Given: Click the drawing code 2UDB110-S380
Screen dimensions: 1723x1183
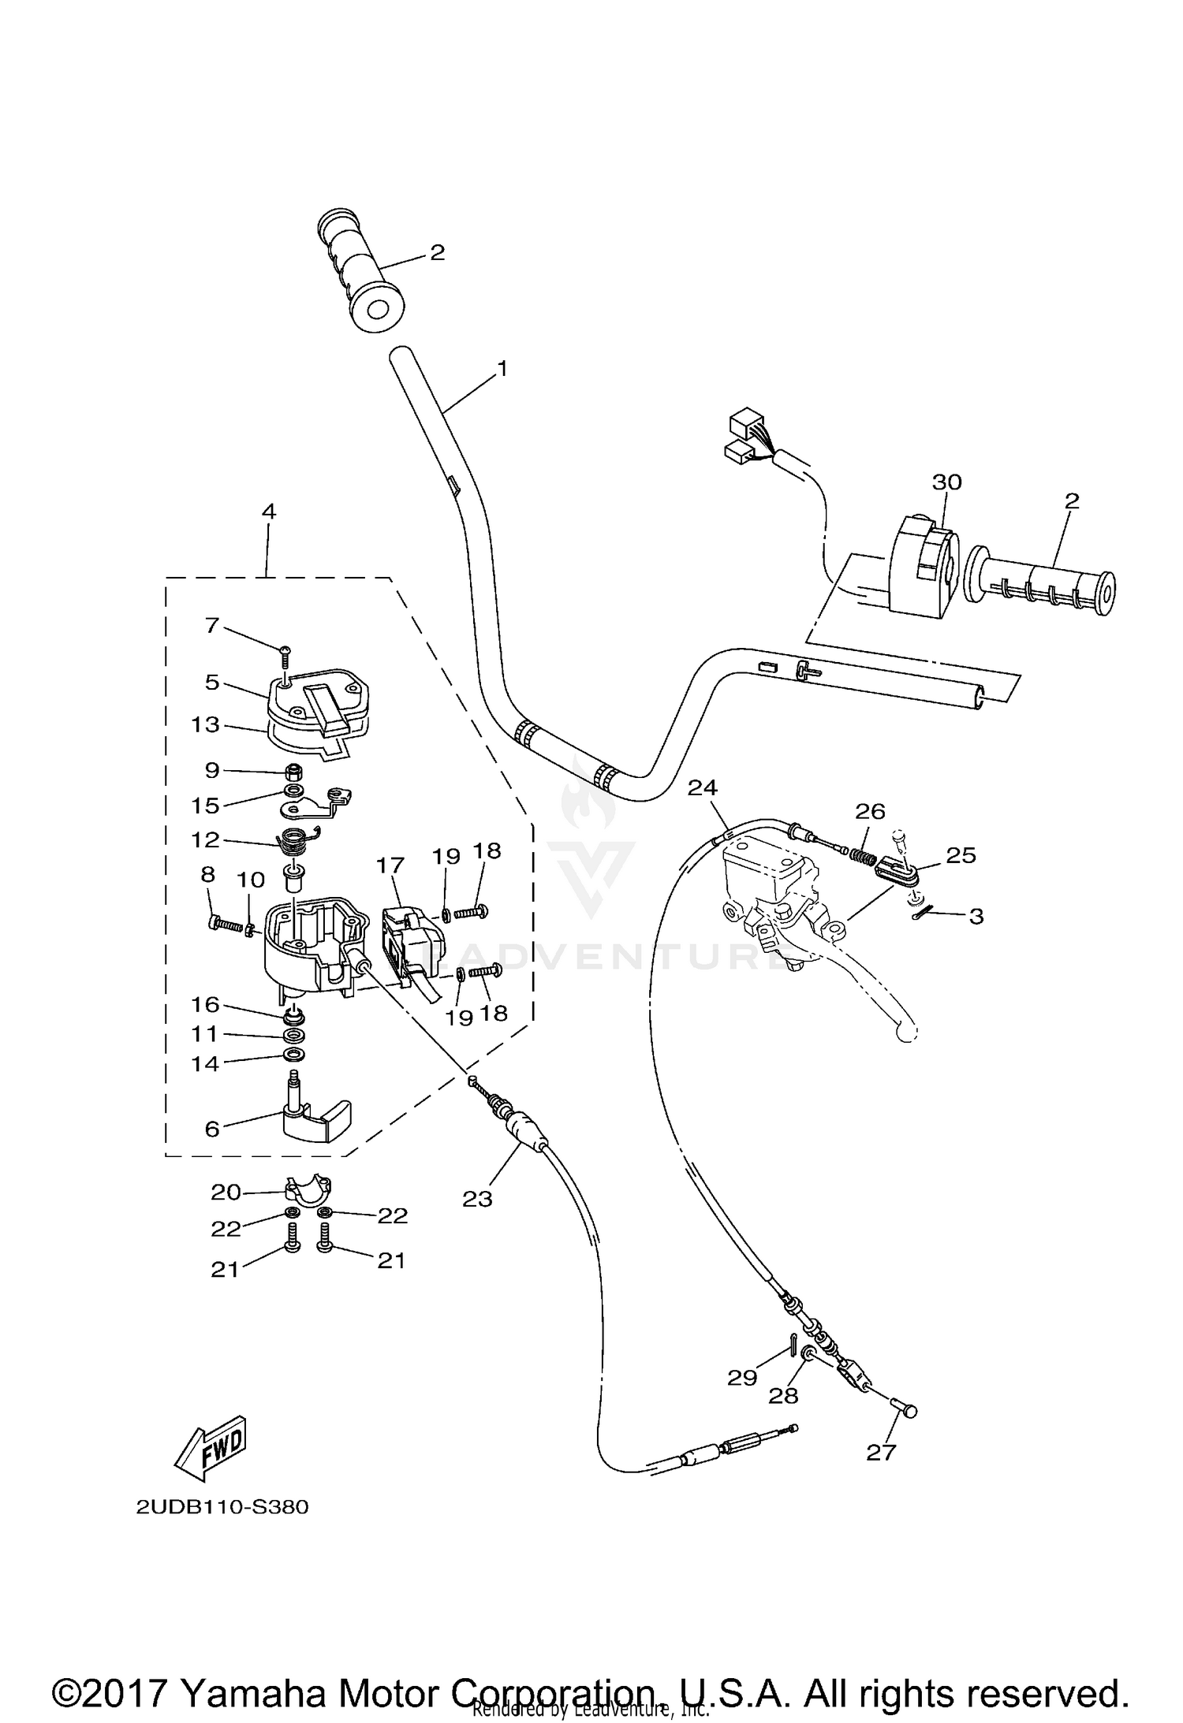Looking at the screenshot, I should click(x=222, y=1508).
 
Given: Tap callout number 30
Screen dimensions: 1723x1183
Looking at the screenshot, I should click(x=947, y=482).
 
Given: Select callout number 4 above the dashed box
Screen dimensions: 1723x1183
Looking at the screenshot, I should click(x=269, y=511).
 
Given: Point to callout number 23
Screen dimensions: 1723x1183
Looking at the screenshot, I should click(x=477, y=1200).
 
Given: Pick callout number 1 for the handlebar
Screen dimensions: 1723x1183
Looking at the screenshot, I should click(x=502, y=368).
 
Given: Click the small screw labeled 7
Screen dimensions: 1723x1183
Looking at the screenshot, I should click(x=284, y=649).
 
